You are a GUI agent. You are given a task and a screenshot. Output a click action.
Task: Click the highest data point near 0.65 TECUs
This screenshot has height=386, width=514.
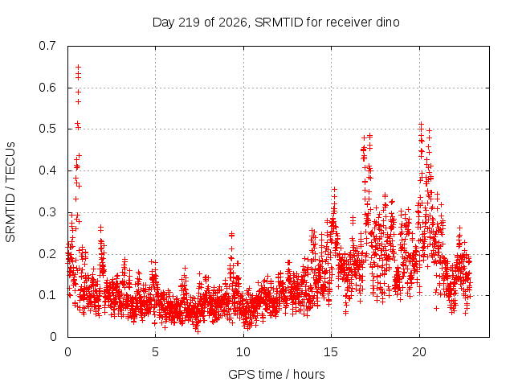[x=79, y=67]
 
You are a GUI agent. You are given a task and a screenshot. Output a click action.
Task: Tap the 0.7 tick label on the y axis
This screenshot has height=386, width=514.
[x=47, y=46]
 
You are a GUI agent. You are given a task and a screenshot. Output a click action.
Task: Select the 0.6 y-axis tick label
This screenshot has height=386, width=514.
[x=47, y=88]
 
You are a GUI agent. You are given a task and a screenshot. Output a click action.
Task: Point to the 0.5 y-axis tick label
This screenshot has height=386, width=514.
[x=47, y=129]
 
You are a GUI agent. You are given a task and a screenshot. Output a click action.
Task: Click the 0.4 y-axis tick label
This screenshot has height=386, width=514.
[x=47, y=170]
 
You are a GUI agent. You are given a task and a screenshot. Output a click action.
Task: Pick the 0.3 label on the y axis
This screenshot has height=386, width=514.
[x=47, y=212]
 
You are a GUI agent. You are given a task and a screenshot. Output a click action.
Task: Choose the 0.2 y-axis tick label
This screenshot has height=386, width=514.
[x=47, y=254]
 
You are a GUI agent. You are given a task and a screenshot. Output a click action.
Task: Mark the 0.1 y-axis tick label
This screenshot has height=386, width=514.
[x=47, y=295]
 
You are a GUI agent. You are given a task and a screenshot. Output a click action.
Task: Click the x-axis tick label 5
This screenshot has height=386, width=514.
[x=155, y=352]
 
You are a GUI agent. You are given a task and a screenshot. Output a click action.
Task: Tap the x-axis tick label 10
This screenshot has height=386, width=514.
[x=243, y=352]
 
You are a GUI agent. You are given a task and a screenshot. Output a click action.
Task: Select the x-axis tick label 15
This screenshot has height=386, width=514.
[x=331, y=352]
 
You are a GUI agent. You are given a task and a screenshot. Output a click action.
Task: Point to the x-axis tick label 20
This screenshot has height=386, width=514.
[x=419, y=352]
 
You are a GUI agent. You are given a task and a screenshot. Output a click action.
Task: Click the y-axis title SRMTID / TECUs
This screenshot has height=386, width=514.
[x=10, y=192]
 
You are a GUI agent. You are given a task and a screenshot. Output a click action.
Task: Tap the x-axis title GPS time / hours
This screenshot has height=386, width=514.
[x=276, y=375]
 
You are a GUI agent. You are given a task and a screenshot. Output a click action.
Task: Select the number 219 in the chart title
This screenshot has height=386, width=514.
[x=189, y=23]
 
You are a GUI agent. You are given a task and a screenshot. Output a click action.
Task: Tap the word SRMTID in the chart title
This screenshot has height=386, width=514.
[x=279, y=23]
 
